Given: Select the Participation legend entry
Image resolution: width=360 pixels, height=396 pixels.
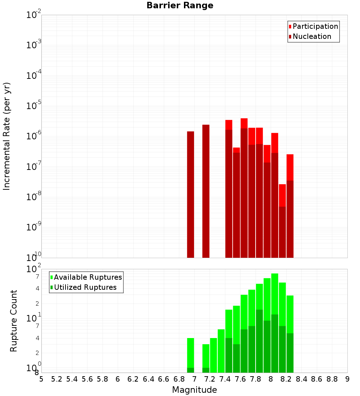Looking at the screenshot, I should pos(315,27).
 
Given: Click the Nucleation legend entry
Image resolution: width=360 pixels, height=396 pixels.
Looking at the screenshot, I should pos(312,37).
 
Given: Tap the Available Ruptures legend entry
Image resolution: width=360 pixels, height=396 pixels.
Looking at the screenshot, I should pos(88,278).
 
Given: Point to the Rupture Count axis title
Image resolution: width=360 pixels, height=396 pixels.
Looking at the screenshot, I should pos(14,321).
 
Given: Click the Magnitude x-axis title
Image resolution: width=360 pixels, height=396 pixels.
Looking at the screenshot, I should pos(194,390).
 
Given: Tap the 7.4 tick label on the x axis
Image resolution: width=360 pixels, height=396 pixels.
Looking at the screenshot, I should pos(225,379).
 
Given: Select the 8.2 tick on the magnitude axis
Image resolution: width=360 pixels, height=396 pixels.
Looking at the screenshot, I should pos(286,379).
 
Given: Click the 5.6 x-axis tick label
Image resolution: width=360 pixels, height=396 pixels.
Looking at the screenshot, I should pos(87,379).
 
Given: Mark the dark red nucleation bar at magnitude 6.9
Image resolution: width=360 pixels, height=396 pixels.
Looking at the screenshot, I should pos(190,194).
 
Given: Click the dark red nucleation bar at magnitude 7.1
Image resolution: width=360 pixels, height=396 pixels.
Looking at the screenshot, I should pos(206,191).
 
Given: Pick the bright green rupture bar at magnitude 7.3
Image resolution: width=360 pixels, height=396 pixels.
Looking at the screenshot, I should pos(221,351).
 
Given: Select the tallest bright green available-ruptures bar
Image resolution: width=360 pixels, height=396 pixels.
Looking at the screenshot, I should pos(275,293).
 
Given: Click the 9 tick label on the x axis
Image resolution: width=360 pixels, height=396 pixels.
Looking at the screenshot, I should pos(347,379).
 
